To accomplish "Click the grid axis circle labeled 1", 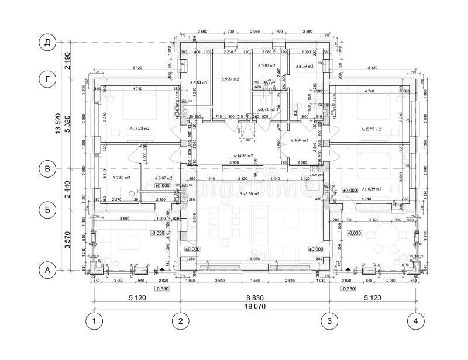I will (94, 320).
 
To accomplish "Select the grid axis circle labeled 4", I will (414, 320).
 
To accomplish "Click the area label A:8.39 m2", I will (304, 67).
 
